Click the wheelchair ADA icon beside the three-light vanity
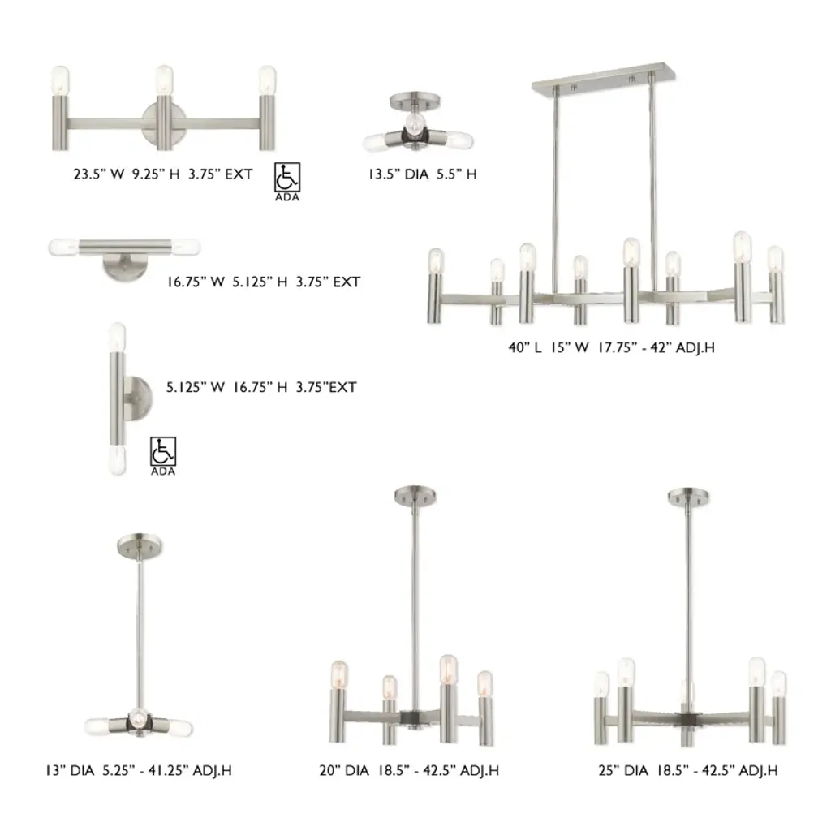(287, 177)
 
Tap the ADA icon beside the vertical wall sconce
(162, 451)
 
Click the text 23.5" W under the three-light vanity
(99, 174)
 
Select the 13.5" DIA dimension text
(398, 174)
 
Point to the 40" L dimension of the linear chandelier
(525, 347)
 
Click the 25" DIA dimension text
(623, 771)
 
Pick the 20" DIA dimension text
(344, 771)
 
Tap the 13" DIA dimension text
(70, 771)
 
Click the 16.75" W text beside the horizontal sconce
(196, 282)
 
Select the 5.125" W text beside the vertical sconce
(196, 387)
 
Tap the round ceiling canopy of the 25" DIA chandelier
(688, 497)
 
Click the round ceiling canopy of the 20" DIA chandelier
(415, 495)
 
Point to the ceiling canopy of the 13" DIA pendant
(140, 545)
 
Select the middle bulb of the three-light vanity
(164, 80)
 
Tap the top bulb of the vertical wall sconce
(117, 337)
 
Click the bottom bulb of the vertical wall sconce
(117, 459)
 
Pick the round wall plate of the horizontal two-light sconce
(125, 266)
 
